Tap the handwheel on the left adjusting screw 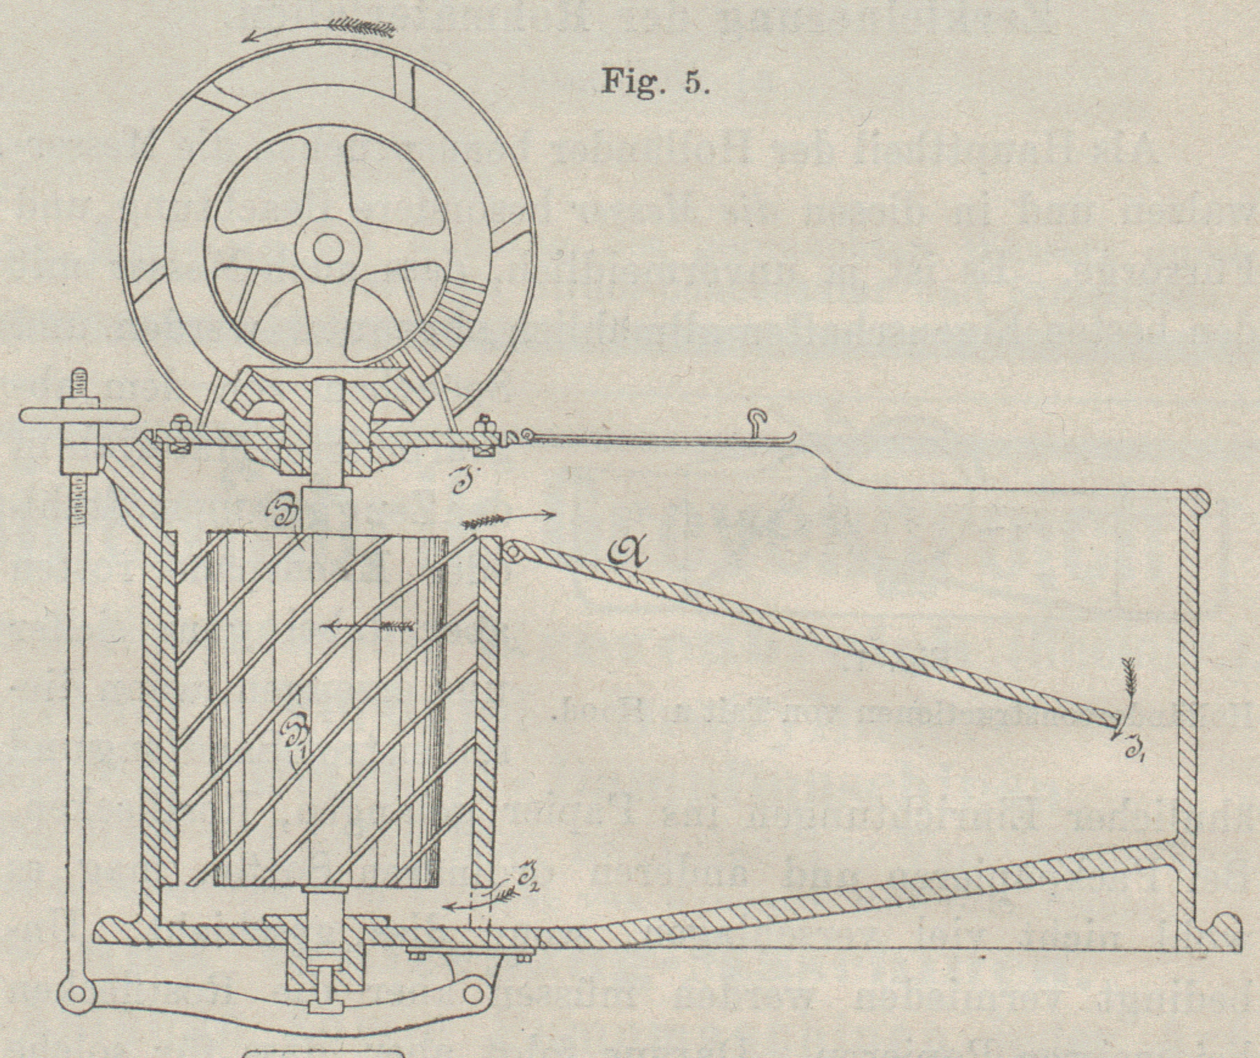coord(77,417)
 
